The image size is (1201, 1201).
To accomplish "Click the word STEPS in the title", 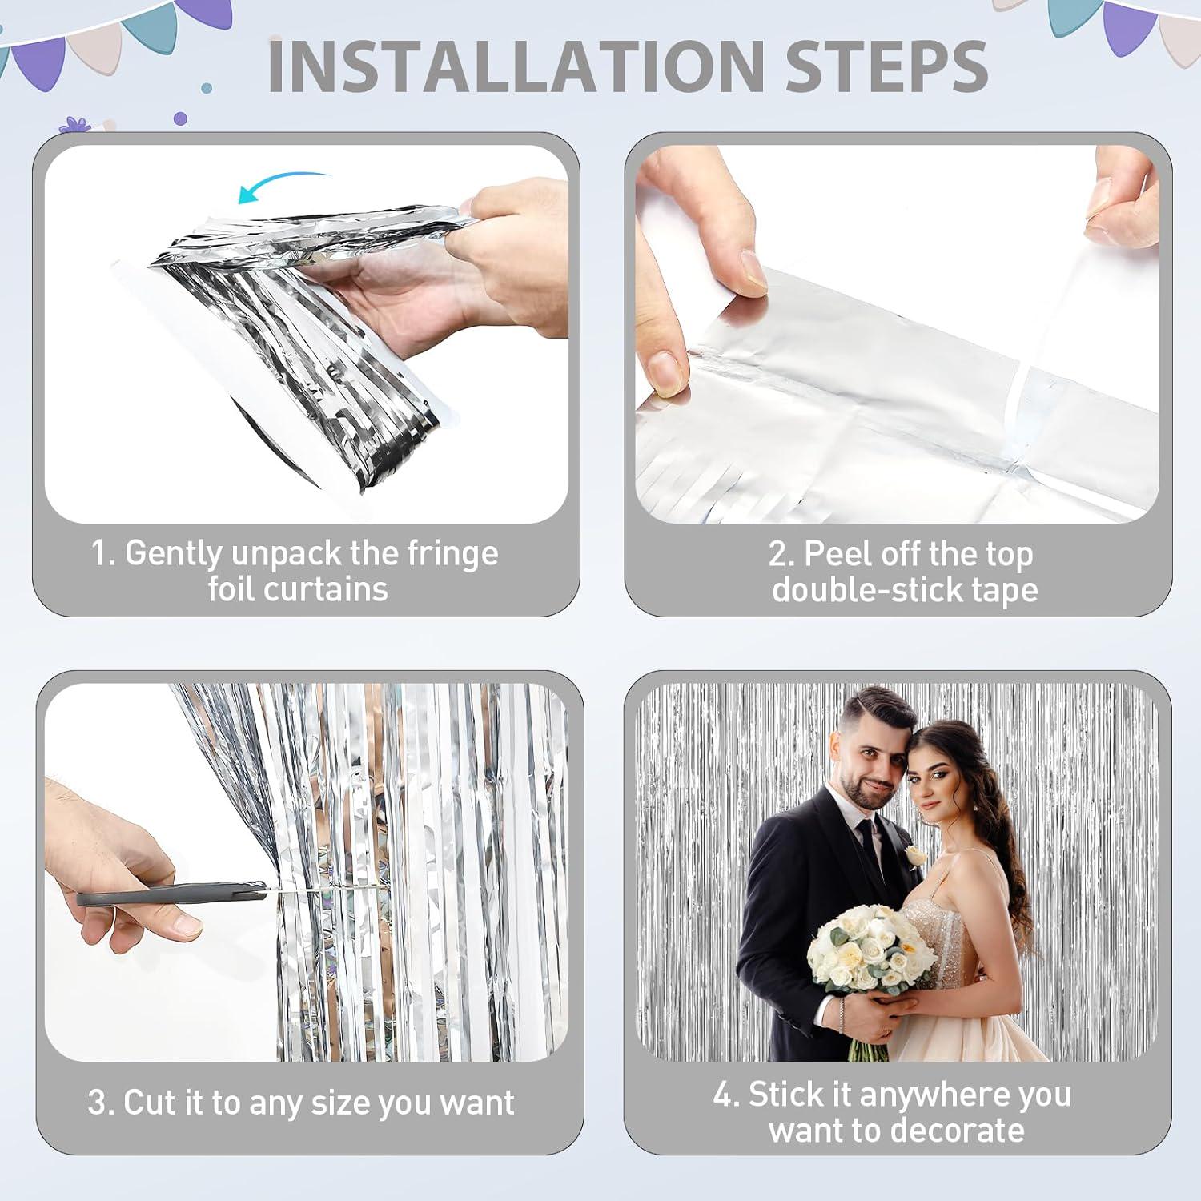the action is point(886,66).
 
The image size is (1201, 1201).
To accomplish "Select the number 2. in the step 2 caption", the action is point(781,554).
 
